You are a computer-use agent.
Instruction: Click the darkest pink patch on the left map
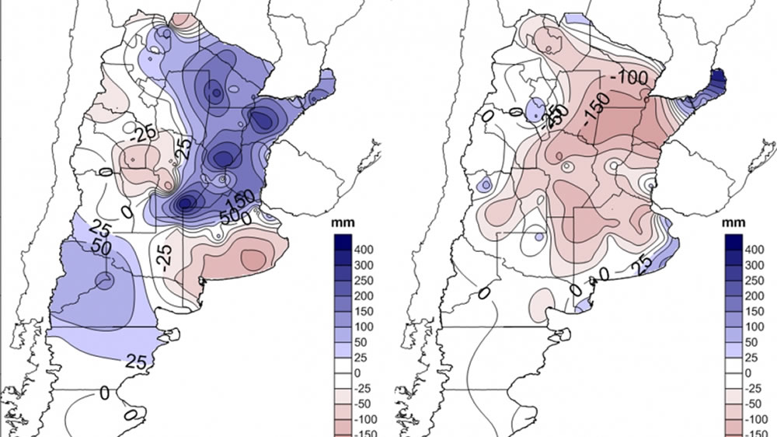pyautogui.click(x=253, y=258)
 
